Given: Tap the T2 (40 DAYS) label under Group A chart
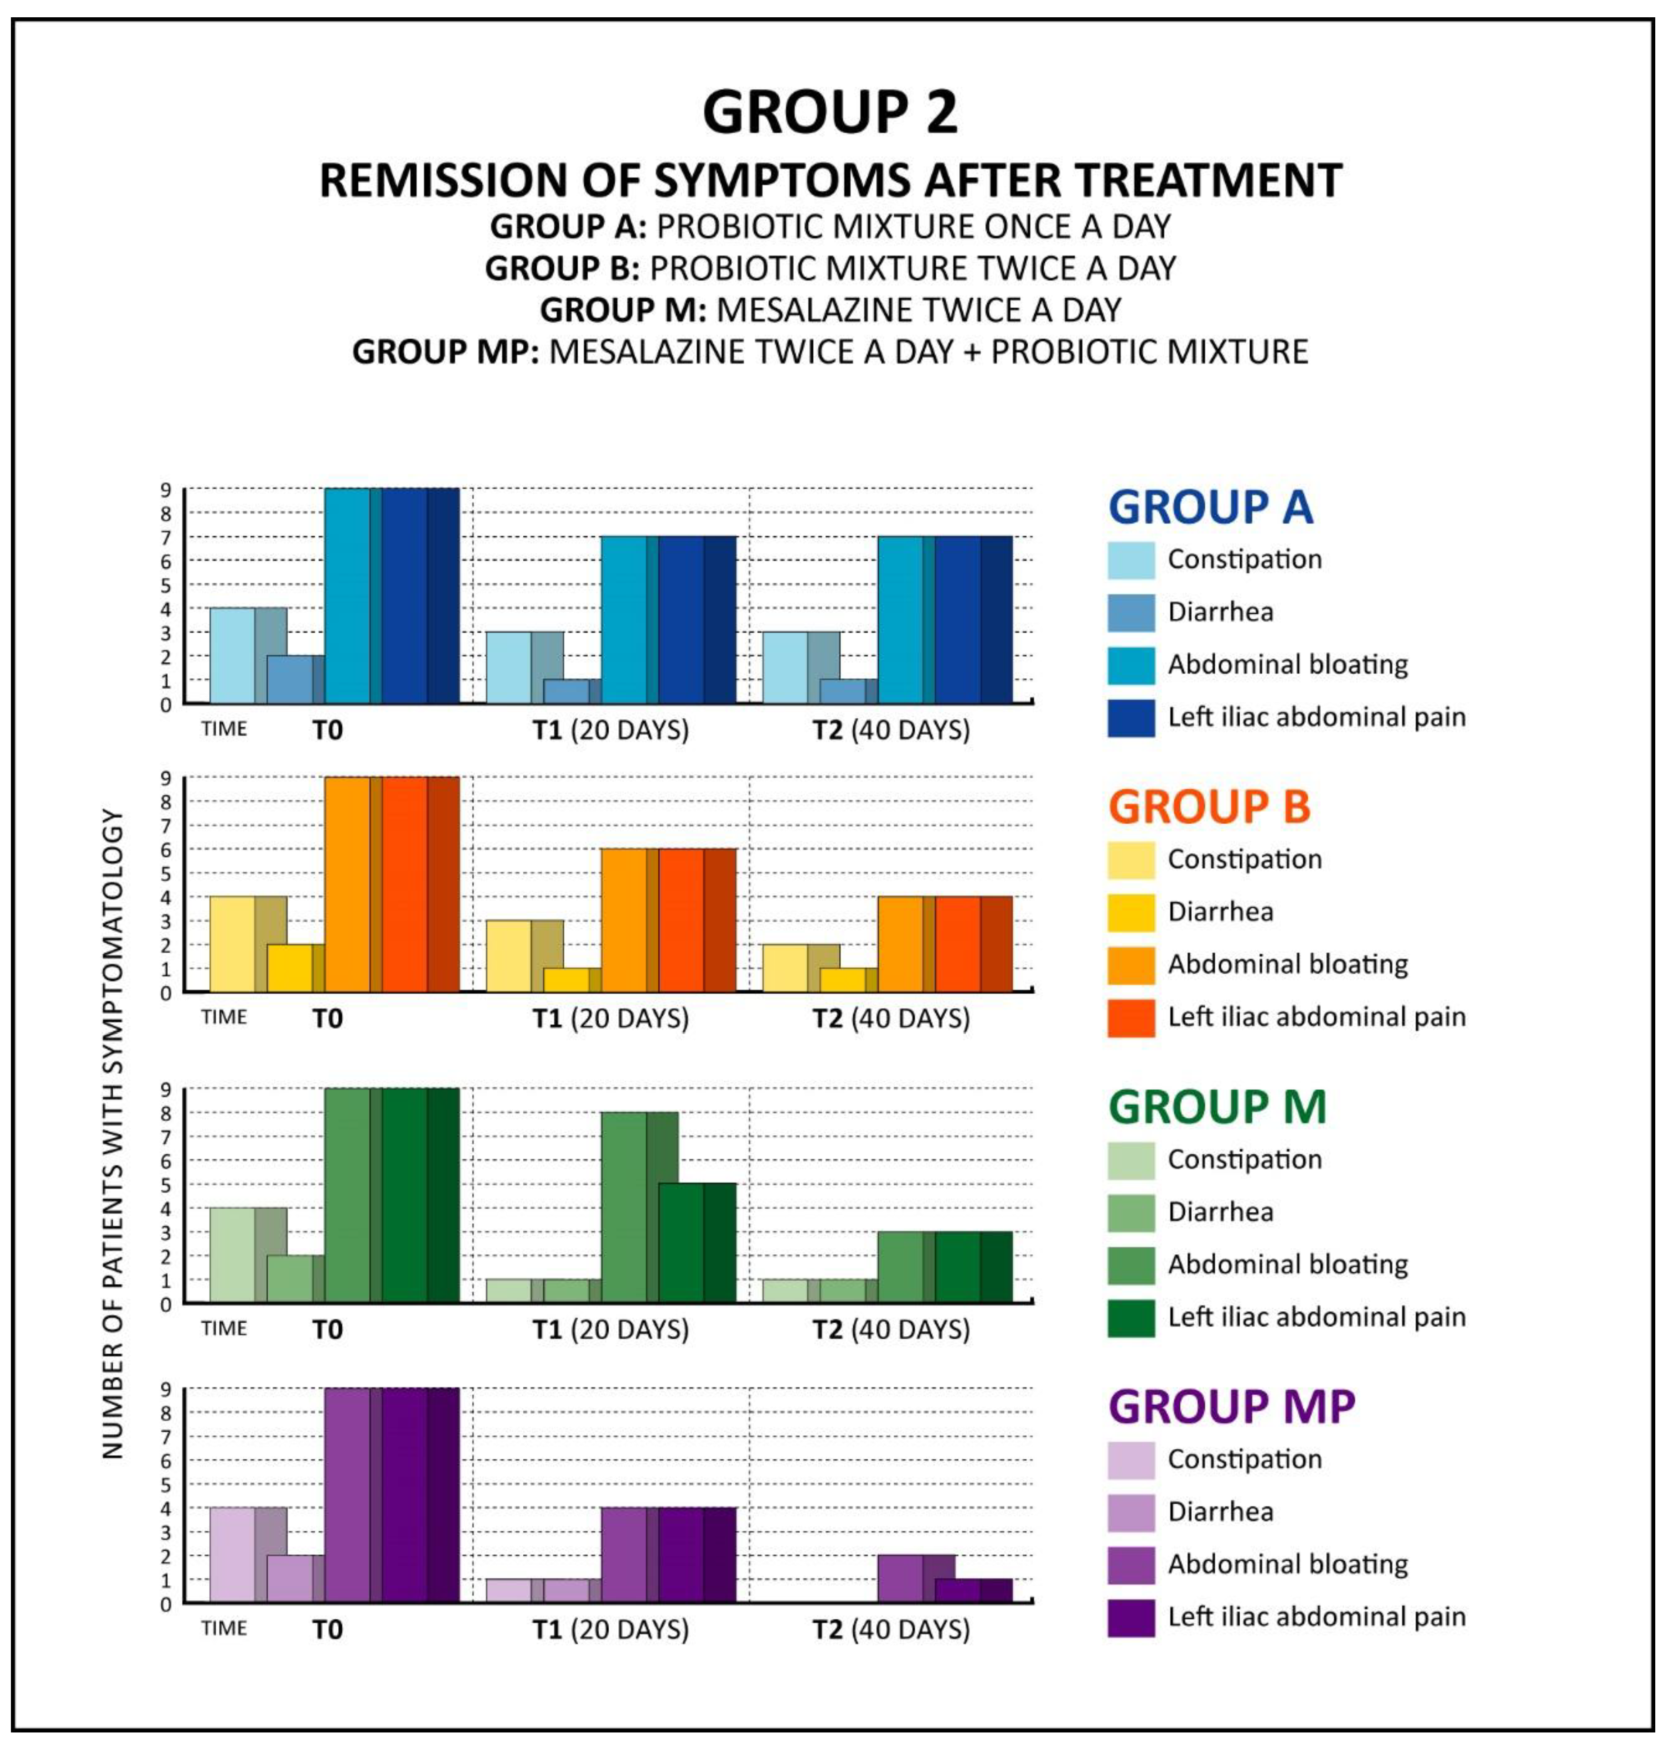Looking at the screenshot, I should pyautogui.click(x=891, y=731).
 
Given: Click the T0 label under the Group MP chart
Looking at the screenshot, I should pyautogui.click(x=327, y=1630).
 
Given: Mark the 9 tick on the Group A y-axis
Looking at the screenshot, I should pyautogui.click(x=166, y=489).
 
